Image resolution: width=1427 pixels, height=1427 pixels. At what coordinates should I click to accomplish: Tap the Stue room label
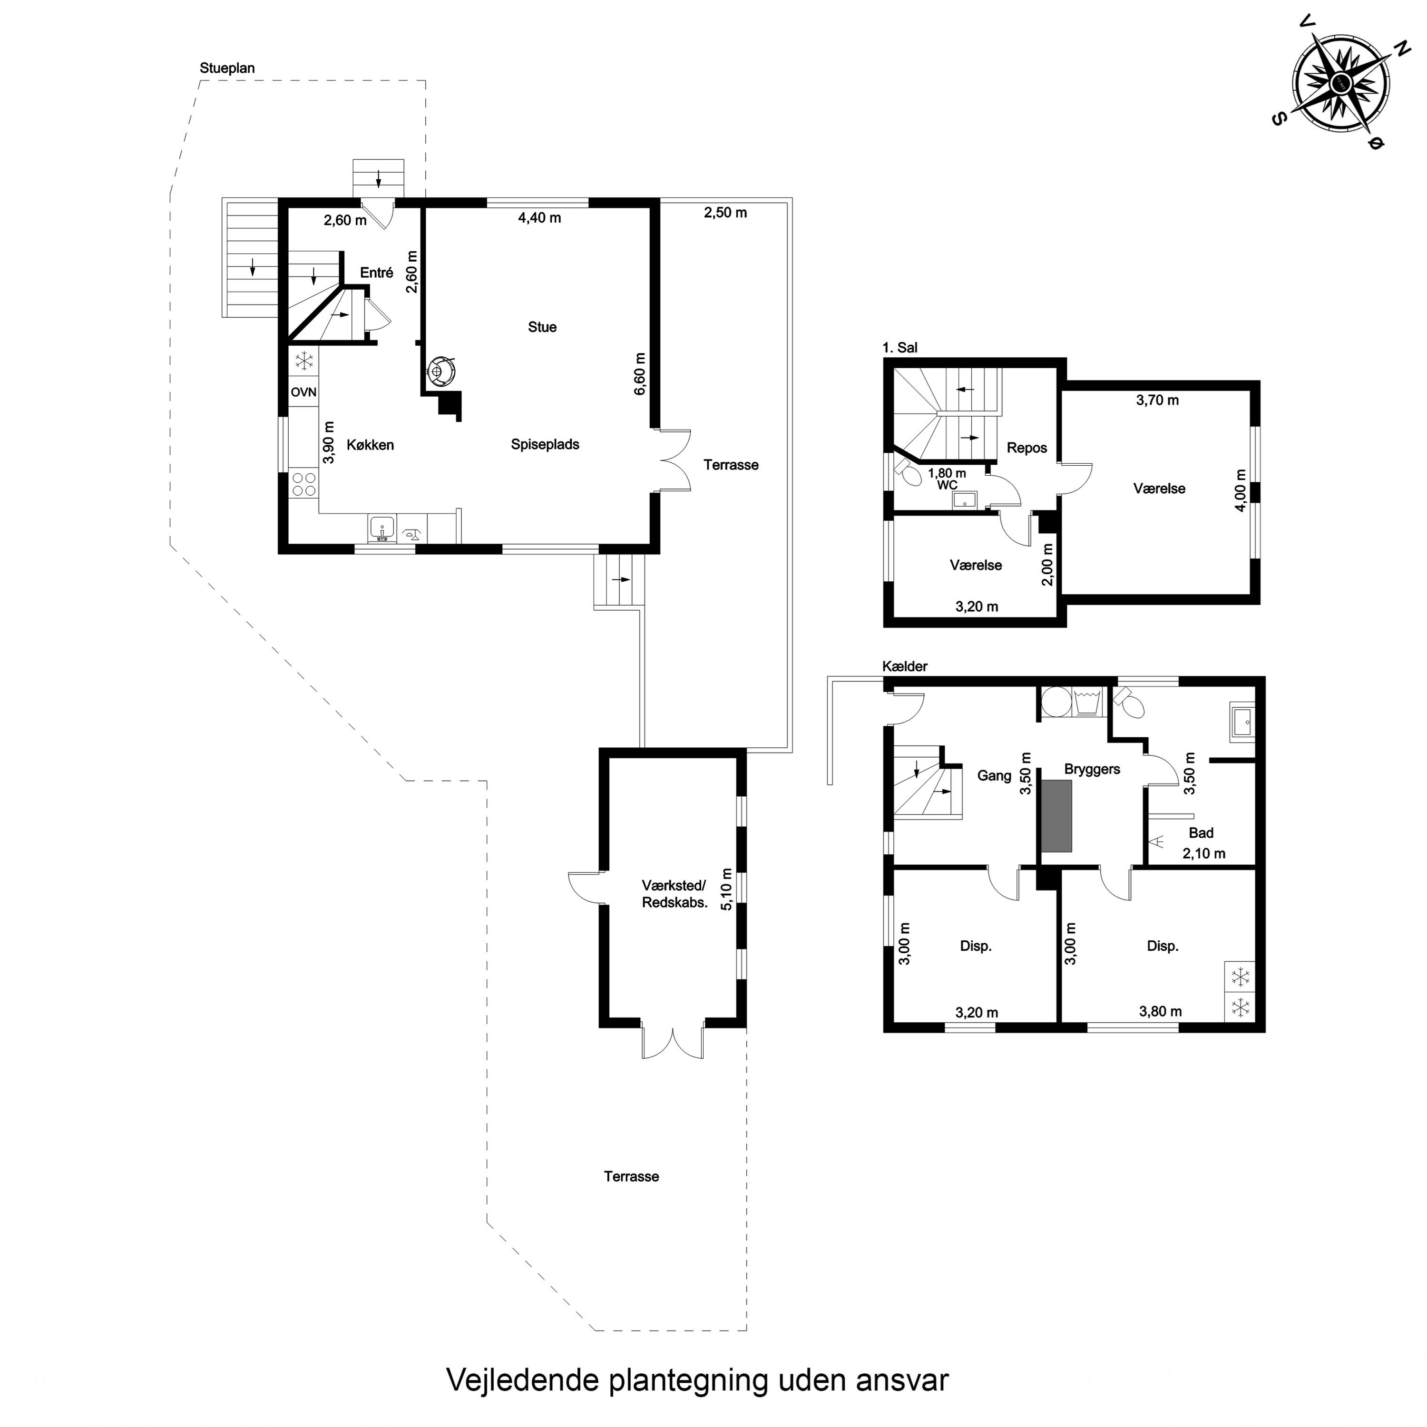tap(542, 327)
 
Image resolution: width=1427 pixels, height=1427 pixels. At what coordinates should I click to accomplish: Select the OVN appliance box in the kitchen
tap(303, 392)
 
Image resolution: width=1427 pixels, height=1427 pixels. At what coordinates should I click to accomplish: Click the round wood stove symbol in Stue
tap(442, 369)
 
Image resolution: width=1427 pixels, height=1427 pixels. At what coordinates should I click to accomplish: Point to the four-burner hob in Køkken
tap(303, 485)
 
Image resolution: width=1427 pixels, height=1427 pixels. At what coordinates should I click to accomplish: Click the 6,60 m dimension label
tap(640, 374)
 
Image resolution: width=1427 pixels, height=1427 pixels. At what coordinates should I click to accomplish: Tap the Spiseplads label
tap(545, 445)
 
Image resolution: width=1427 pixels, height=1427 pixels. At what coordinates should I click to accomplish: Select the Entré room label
tap(377, 273)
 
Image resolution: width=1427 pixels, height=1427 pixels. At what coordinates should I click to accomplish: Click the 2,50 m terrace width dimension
tap(725, 213)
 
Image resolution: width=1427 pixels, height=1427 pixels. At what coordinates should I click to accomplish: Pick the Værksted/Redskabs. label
tap(674, 894)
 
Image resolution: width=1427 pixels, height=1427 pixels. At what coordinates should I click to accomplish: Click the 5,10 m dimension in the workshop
tap(726, 889)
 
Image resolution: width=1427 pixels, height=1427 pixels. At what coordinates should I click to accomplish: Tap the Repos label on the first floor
tap(1026, 449)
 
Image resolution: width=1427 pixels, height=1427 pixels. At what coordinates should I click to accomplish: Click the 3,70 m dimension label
tap(1157, 401)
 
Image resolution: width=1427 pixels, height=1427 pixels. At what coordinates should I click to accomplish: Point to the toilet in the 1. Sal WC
tap(909, 473)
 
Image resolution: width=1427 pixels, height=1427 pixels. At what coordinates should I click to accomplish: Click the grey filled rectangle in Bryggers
tap(1056, 816)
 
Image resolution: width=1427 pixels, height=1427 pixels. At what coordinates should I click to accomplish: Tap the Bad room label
tap(1201, 833)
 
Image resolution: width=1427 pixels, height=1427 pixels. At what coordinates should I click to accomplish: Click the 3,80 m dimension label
tap(1160, 1011)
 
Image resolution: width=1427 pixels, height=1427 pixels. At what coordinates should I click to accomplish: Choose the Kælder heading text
tap(905, 666)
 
